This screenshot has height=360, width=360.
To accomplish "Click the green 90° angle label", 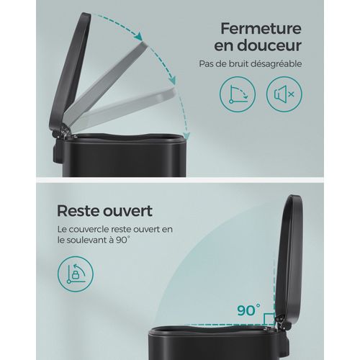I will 248,312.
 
